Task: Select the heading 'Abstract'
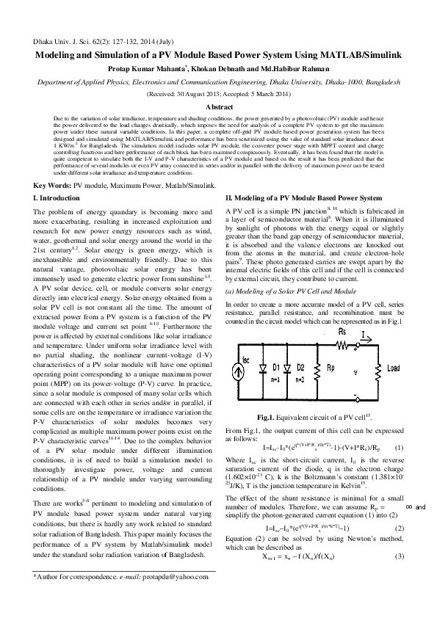[218, 107]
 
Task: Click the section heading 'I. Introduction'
[62, 199]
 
